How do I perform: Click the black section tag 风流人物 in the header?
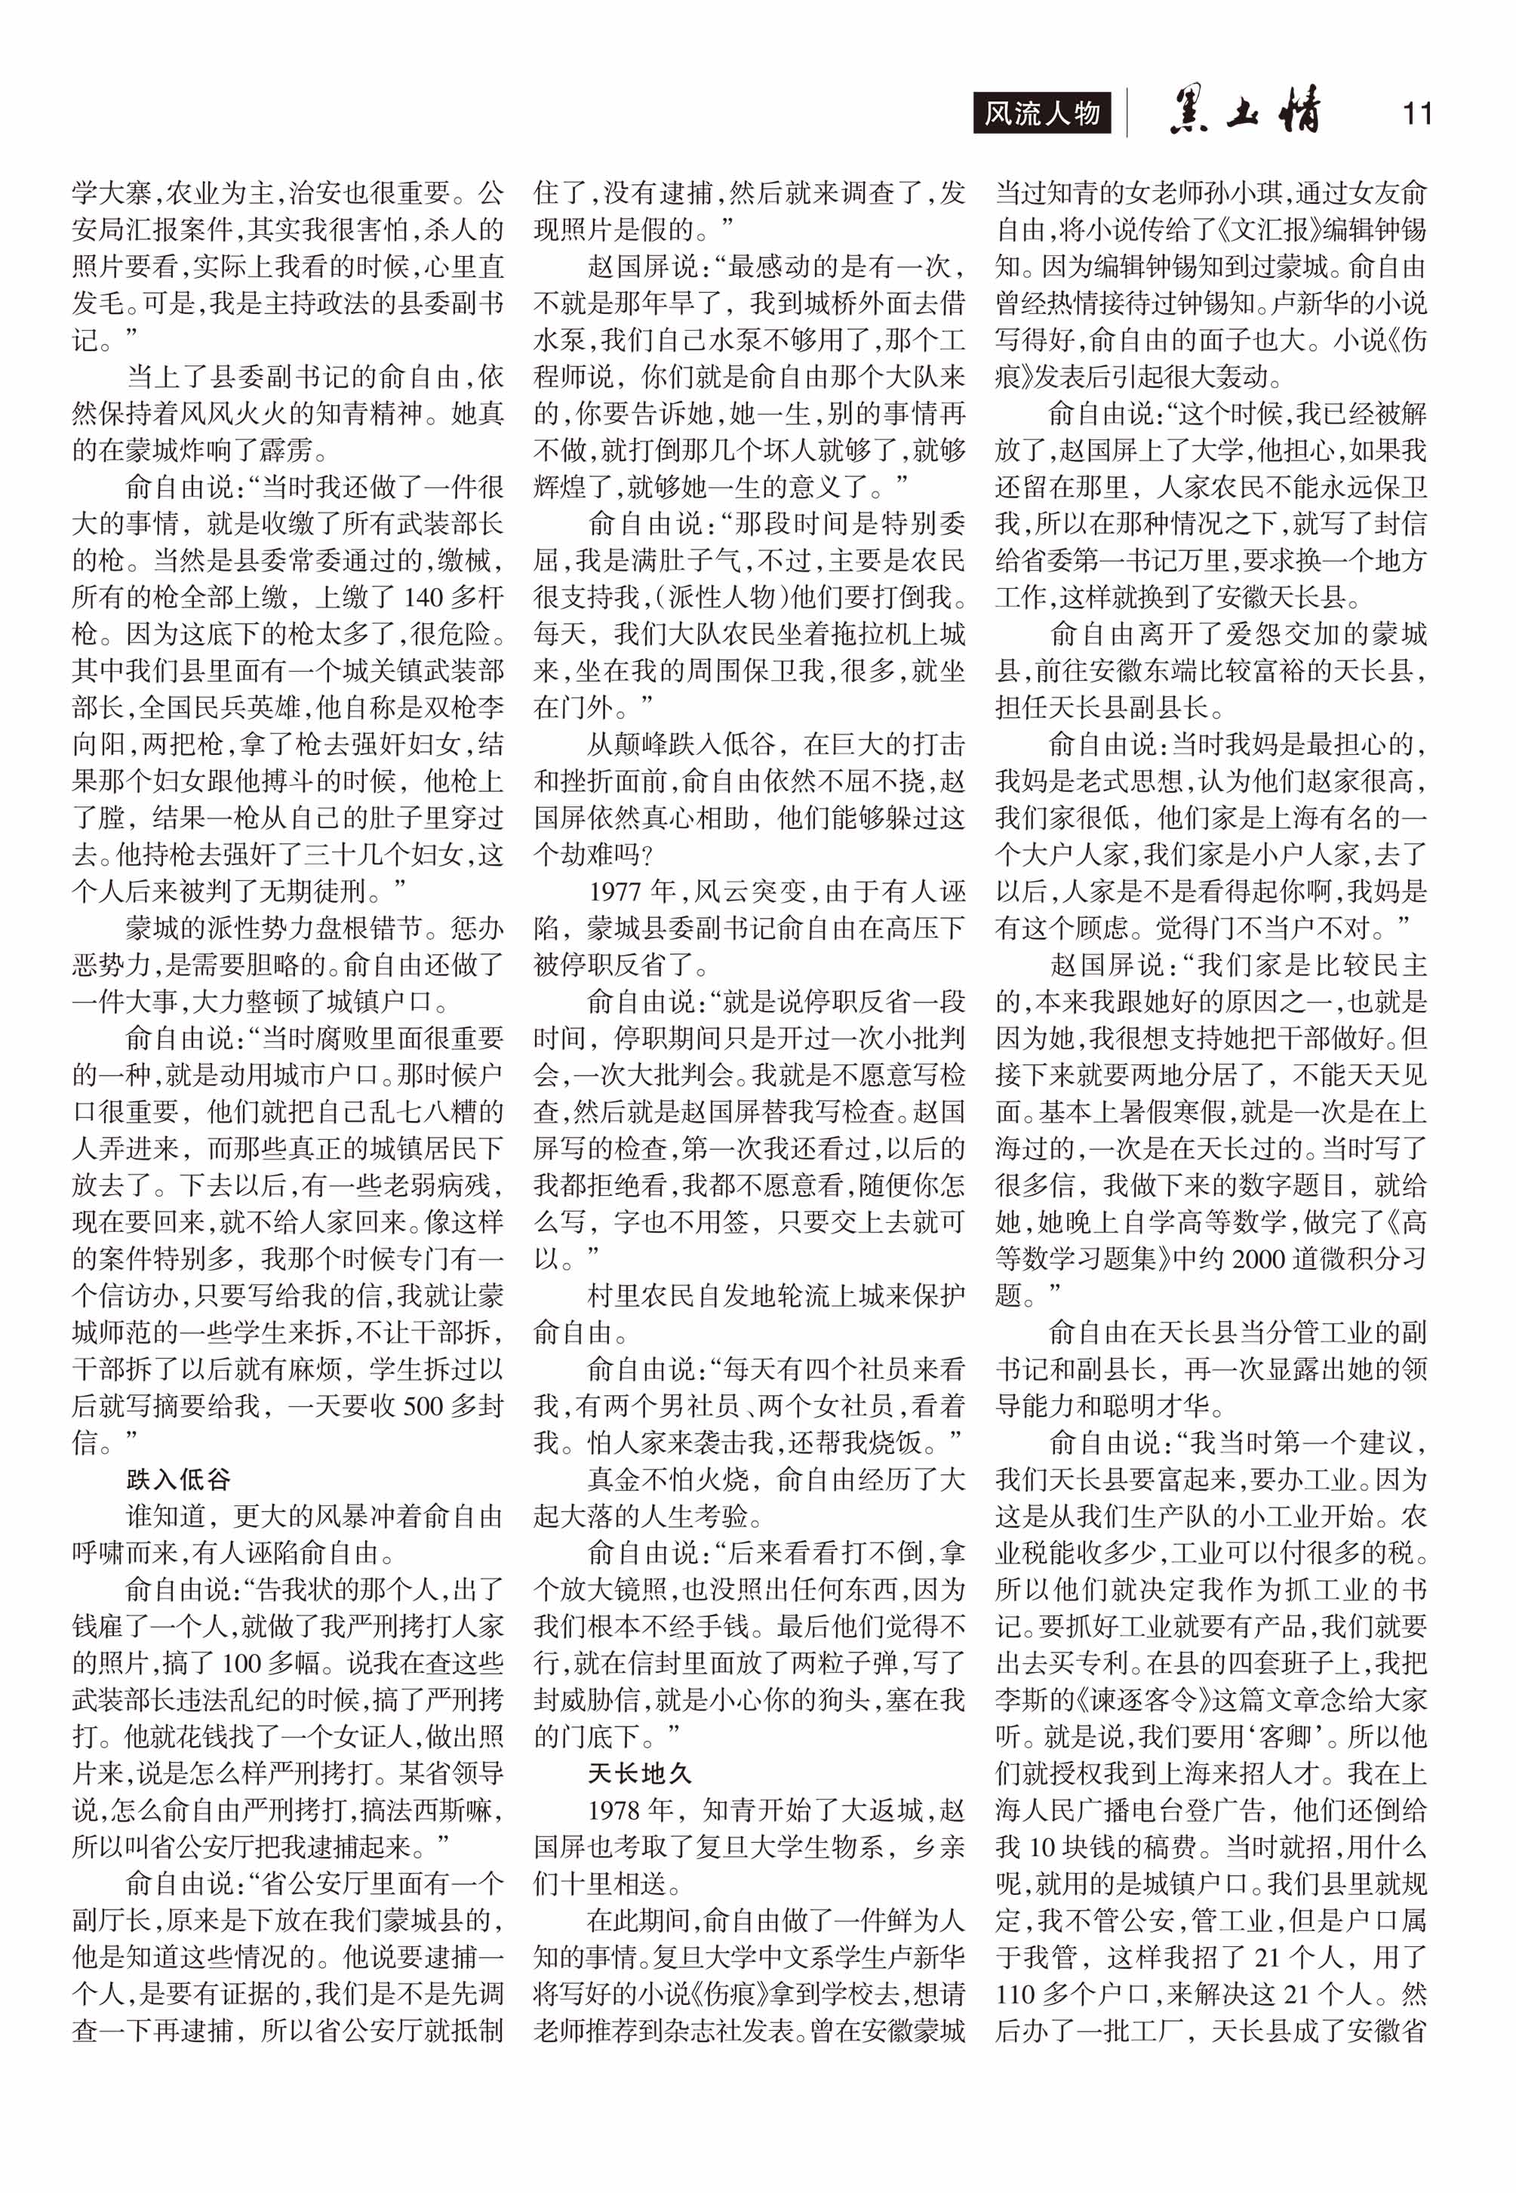pos(1042,114)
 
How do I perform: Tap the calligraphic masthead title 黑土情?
pos(1244,112)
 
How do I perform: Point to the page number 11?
pos(1416,114)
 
